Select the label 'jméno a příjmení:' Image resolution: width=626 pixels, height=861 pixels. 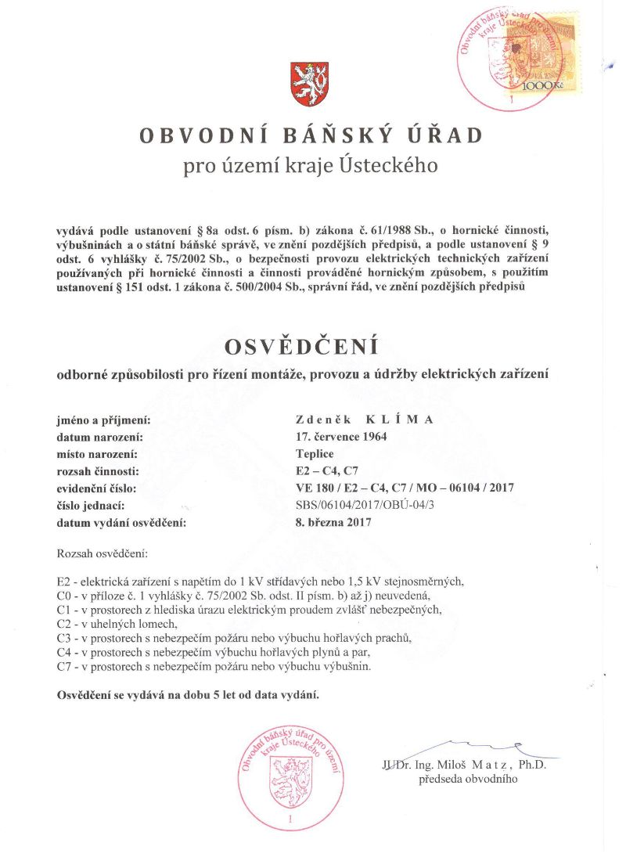pos(104,420)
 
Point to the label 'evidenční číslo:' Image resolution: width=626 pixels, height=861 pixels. pos(96,488)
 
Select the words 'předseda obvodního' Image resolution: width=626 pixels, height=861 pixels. pos(468,779)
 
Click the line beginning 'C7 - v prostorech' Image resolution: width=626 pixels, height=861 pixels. pos(214,666)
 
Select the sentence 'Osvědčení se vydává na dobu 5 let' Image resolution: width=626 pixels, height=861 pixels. pos(189,695)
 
